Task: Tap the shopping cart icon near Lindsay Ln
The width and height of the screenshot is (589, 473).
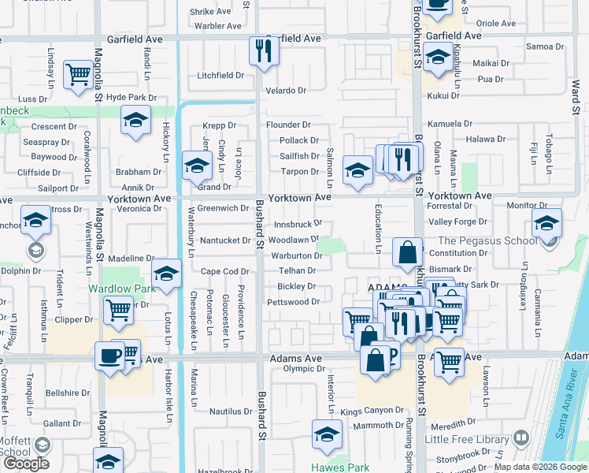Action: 78,75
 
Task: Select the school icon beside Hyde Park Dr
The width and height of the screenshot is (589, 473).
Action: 135,121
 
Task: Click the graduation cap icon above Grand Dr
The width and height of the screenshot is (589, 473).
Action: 196,166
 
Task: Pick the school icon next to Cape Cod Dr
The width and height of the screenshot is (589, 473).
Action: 166,274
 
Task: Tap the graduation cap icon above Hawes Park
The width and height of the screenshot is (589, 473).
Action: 327,434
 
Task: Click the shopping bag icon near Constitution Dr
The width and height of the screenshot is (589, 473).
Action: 408,253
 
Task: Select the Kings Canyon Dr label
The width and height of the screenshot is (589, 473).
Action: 371,412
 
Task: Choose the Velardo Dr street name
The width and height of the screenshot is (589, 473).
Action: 285,91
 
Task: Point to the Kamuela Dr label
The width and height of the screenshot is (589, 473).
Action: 450,125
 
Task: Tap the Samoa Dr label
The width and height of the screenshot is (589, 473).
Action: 541,47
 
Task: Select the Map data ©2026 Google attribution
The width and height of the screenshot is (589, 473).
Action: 541,467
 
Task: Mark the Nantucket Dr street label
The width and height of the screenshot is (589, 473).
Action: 224,240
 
